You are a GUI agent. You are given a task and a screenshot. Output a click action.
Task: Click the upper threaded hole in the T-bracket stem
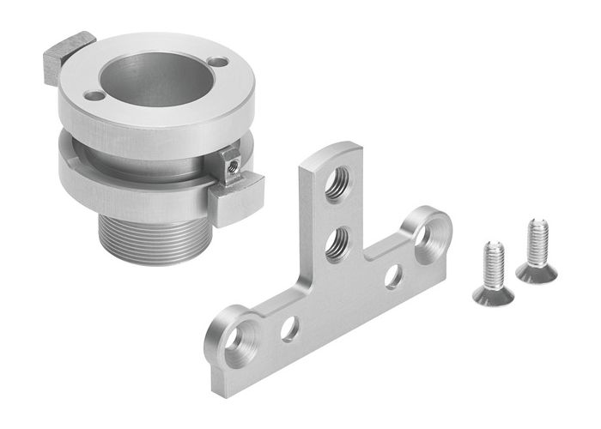(x=337, y=183)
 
